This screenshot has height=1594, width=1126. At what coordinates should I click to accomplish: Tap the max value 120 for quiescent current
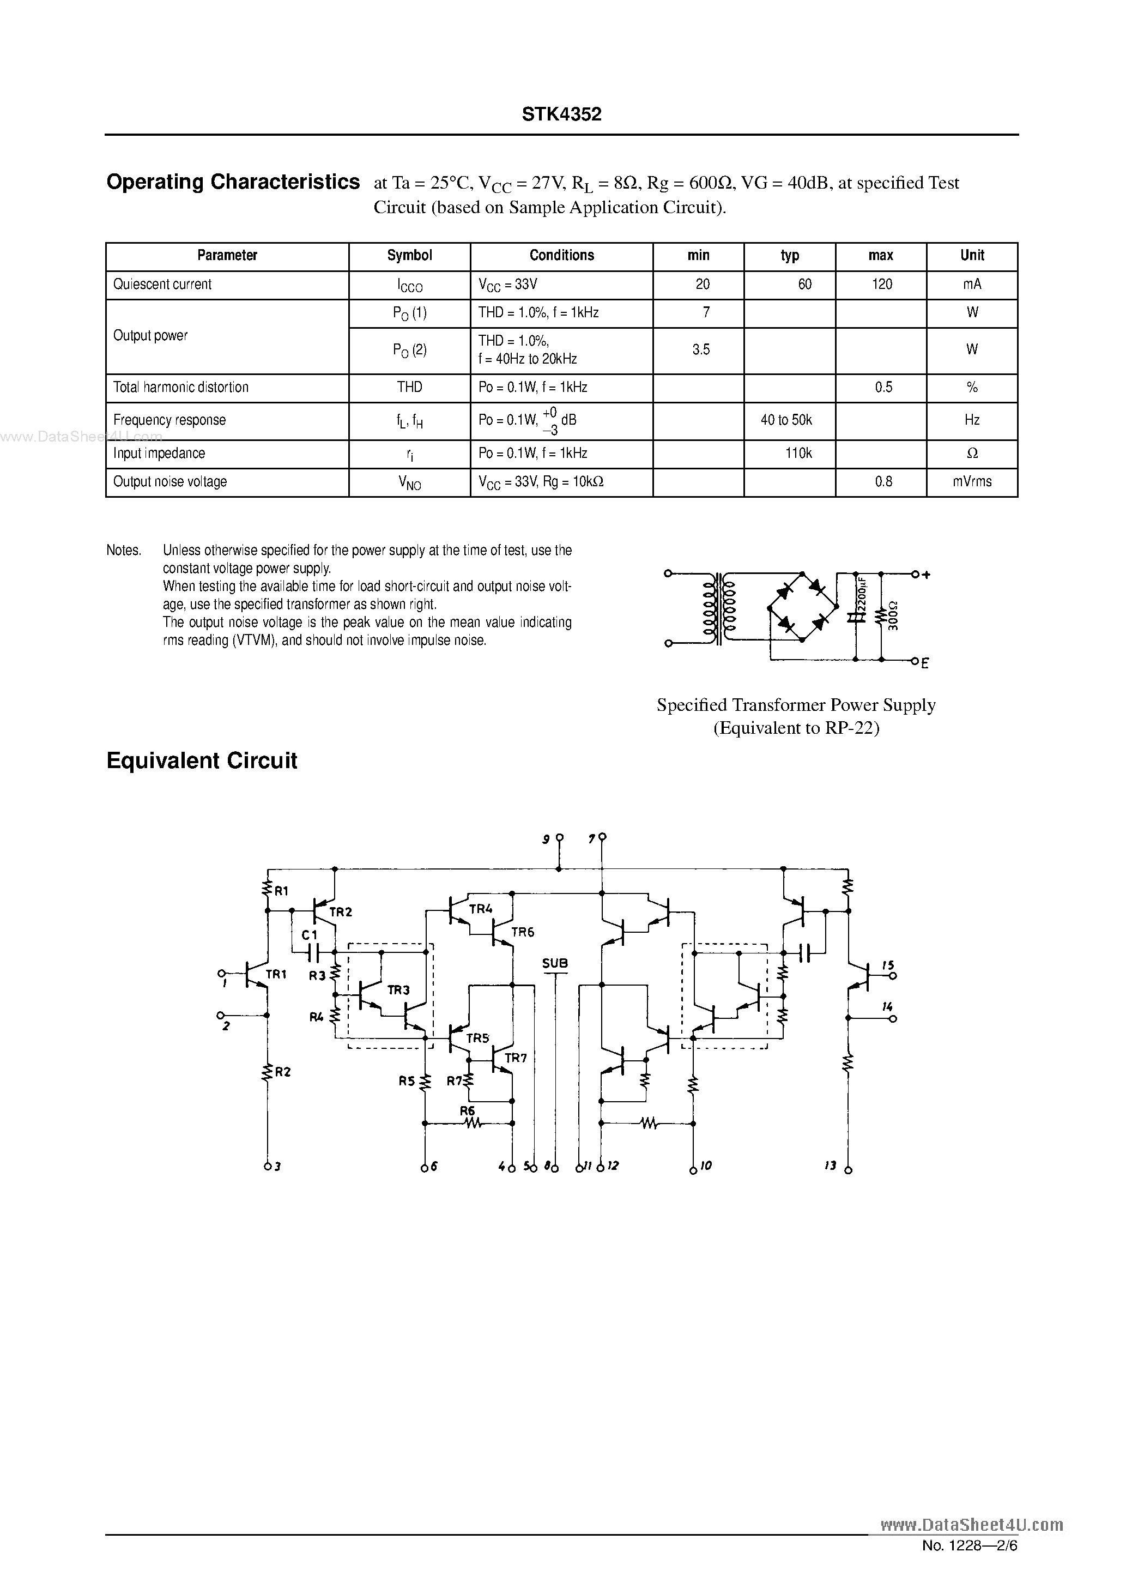click(x=882, y=284)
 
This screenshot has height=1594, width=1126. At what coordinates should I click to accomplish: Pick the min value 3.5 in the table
click(x=701, y=350)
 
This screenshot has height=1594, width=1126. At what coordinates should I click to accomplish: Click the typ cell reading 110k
click(x=798, y=454)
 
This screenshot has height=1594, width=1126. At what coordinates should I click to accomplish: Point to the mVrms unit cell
click(x=972, y=482)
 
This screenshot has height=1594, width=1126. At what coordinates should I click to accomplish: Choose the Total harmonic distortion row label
click(x=180, y=388)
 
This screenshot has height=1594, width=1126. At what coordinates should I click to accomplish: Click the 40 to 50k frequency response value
click(x=786, y=420)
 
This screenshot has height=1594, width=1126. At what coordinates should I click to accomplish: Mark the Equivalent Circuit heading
click(x=201, y=761)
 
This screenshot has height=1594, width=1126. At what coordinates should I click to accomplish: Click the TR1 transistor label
click(x=276, y=974)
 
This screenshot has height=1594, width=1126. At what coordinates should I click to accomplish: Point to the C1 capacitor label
click(x=310, y=935)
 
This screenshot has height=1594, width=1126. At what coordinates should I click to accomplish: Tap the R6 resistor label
click(x=467, y=1111)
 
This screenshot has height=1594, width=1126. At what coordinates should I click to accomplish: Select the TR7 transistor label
click(x=516, y=1058)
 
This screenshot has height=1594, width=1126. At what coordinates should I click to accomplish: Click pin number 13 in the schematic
click(x=830, y=1166)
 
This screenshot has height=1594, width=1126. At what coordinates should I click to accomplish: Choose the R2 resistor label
click(x=282, y=1072)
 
